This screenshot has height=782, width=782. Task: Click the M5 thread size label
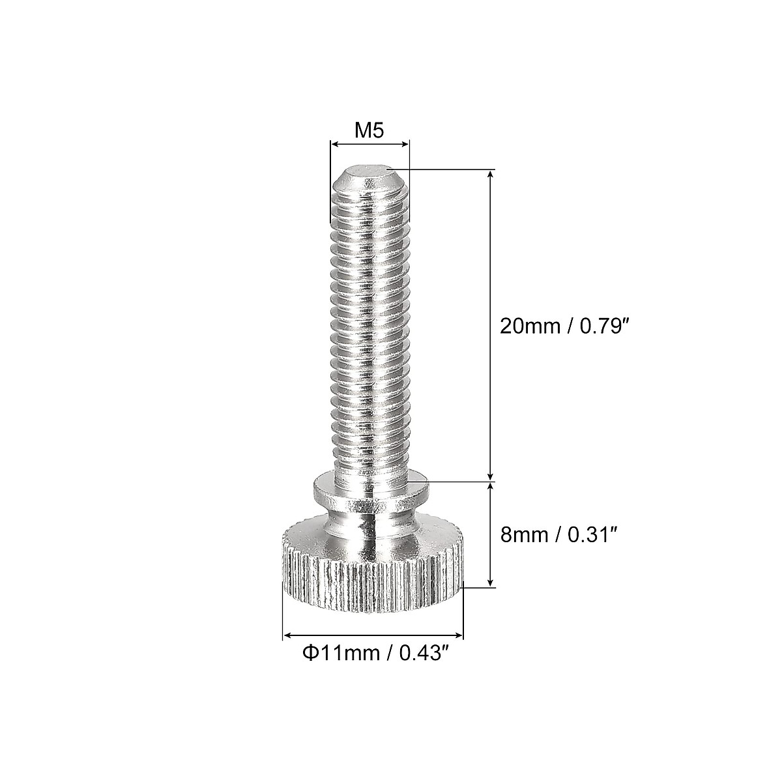(x=369, y=131)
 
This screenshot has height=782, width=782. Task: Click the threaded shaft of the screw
(x=370, y=326)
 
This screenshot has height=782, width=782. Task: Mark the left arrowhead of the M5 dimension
(x=334, y=143)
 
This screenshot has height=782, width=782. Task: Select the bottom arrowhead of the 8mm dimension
(x=490, y=583)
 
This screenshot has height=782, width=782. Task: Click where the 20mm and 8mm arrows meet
(x=490, y=482)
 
